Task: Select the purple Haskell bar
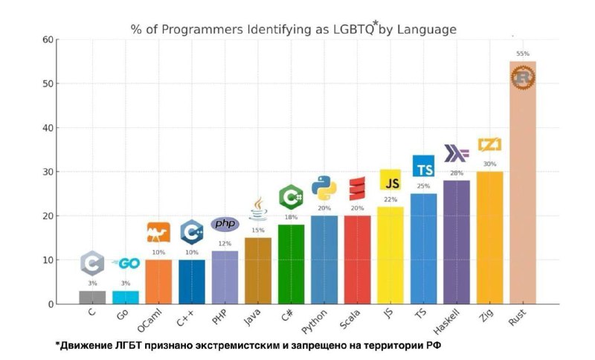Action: tap(456, 242)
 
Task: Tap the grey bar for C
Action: tap(92, 297)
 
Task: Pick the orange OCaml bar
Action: tap(158, 282)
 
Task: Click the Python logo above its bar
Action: tap(324, 189)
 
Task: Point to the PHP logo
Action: tap(225, 224)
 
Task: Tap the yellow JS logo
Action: tap(390, 180)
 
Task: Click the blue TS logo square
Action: tap(423, 167)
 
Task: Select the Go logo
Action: tap(126, 263)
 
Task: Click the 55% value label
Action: tap(522, 54)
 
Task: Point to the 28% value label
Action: tap(456, 173)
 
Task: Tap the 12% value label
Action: tap(225, 243)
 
